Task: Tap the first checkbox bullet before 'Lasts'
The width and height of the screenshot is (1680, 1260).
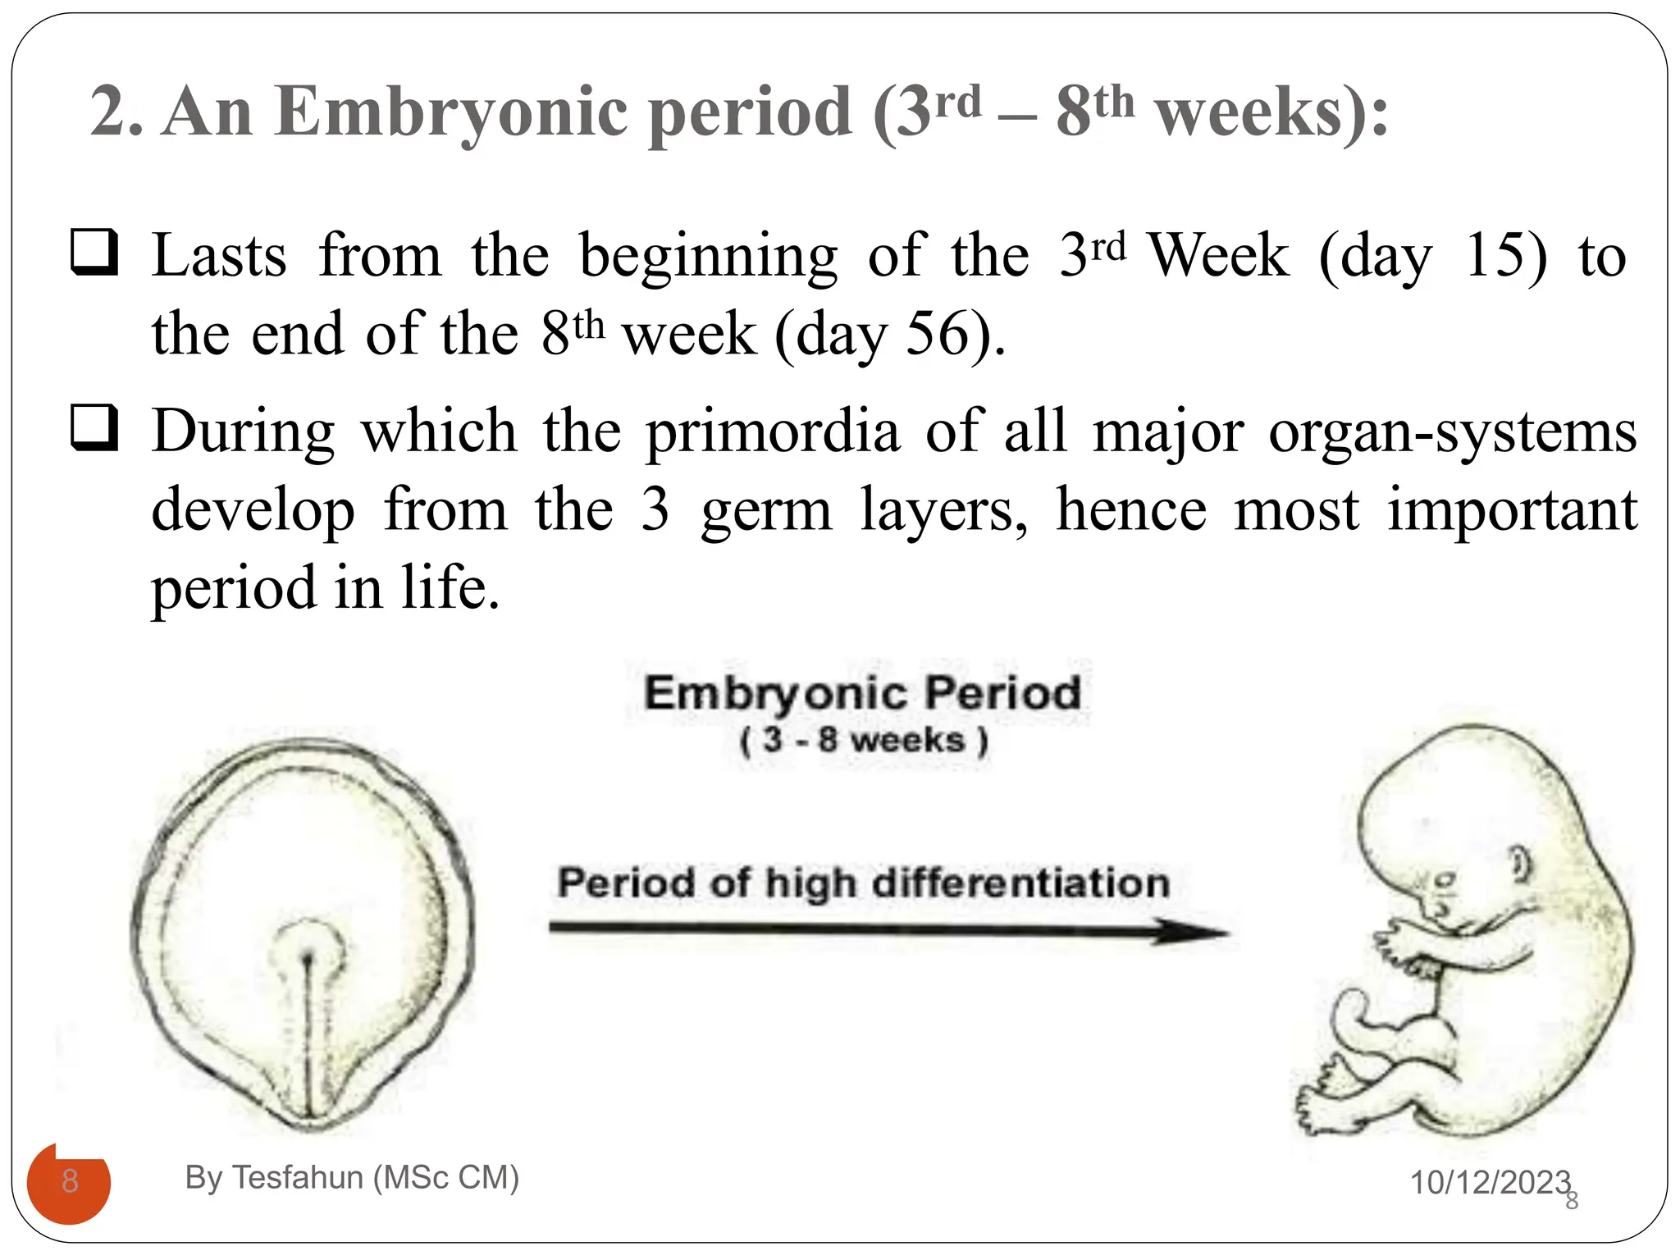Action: tap(94, 252)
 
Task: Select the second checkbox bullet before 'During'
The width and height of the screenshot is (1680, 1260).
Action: tap(94, 427)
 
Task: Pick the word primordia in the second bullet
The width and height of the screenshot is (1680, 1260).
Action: tap(772, 431)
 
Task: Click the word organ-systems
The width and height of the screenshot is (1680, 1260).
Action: tap(1452, 431)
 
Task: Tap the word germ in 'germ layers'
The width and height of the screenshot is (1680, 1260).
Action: tap(766, 509)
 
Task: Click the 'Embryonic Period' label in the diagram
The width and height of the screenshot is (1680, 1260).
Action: tap(862, 693)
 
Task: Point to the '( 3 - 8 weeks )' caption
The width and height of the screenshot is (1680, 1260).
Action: tap(864, 740)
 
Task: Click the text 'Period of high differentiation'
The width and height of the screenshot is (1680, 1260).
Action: tap(864, 883)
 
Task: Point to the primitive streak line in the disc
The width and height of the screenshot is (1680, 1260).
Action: tap(309, 1034)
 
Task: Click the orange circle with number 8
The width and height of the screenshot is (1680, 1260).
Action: tap(69, 1183)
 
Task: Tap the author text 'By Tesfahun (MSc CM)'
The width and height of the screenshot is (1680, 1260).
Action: tap(352, 1178)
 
